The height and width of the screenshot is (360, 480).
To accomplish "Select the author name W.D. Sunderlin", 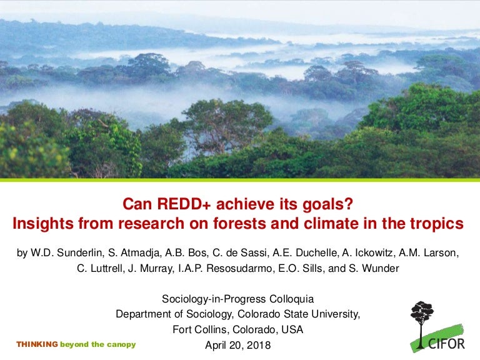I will click(62, 253).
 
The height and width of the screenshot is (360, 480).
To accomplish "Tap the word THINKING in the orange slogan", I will click(37, 344).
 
